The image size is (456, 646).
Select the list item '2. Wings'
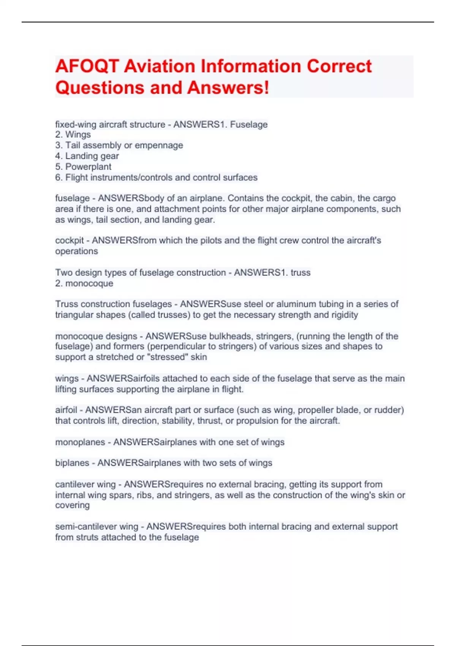[73, 135]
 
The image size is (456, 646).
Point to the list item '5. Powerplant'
[83, 167]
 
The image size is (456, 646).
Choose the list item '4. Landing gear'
[87, 156]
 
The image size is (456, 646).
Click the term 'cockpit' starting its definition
[69, 241]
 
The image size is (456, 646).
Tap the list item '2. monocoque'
[84, 283]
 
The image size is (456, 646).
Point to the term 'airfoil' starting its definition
[66, 410]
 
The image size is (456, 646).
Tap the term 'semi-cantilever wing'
[97, 527]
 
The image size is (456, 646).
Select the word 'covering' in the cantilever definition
[72, 505]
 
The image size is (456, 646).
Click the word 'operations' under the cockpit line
[76, 252]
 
